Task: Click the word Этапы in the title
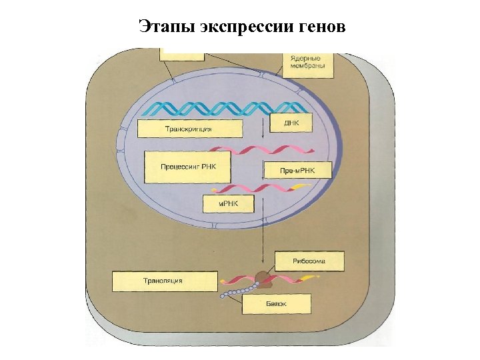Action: point(162,27)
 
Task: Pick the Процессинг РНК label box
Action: point(188,166)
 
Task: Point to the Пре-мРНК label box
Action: point(297,171)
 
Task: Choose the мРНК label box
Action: point(228,203)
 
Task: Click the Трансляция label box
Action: point(165,281)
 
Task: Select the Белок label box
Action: point(276,304)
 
